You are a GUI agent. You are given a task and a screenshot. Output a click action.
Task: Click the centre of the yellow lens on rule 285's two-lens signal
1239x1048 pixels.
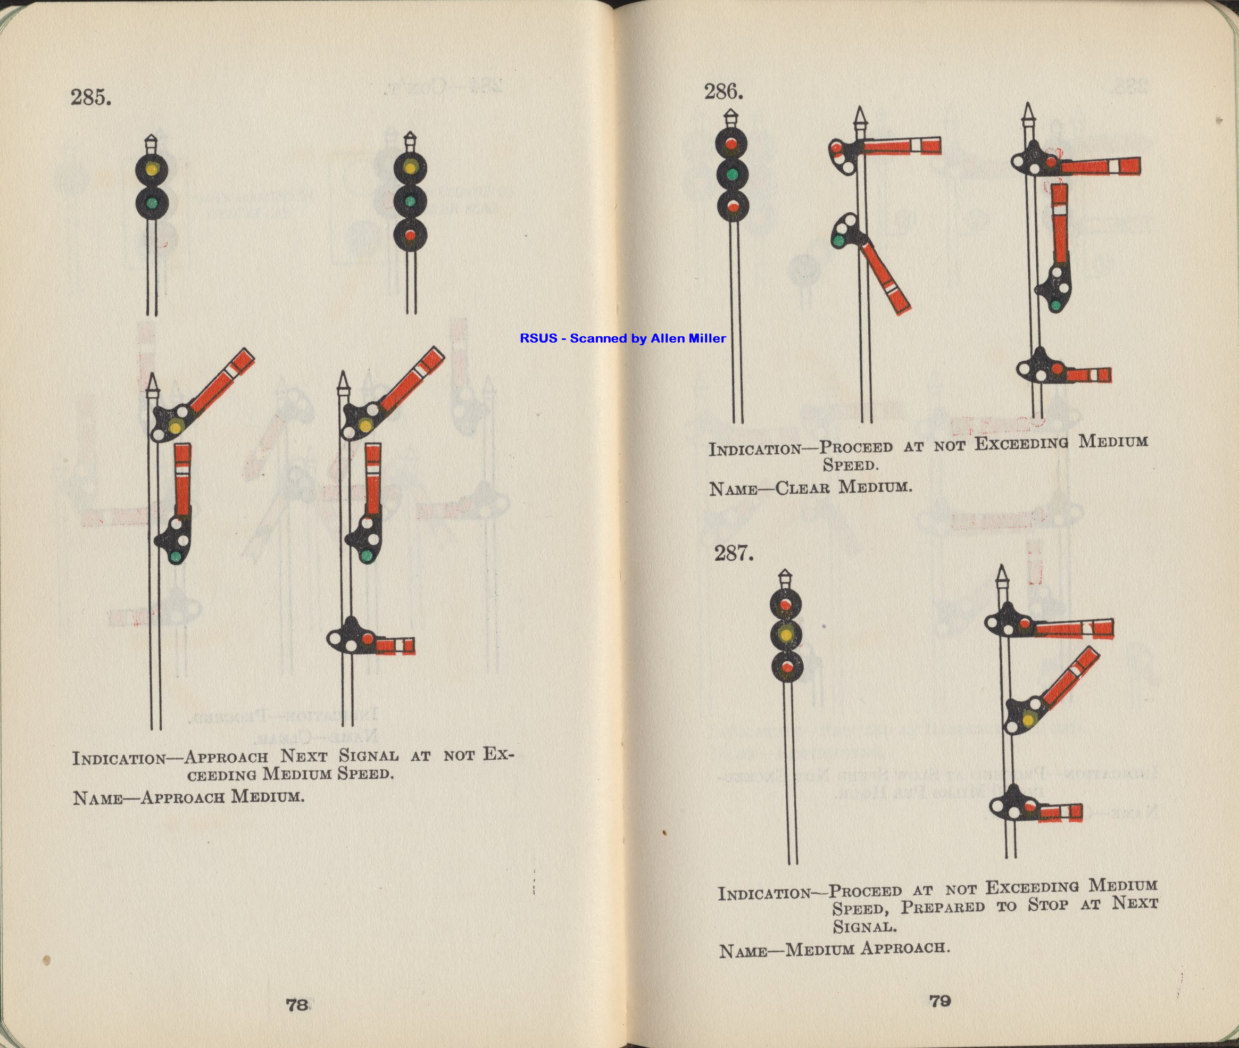pos(153,168)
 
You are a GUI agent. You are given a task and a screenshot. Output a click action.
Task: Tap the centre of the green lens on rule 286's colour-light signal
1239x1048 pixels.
pos(733,174)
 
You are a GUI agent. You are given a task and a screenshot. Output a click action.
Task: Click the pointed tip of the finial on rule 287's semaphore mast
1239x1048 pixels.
pos(1003,565)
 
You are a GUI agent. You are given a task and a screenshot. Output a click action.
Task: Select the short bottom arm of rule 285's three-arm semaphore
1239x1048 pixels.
pos(393,646)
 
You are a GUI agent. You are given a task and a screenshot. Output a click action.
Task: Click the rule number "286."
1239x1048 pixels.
pos(724,92)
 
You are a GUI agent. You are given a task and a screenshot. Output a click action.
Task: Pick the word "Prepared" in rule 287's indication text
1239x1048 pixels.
pos(950,907)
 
